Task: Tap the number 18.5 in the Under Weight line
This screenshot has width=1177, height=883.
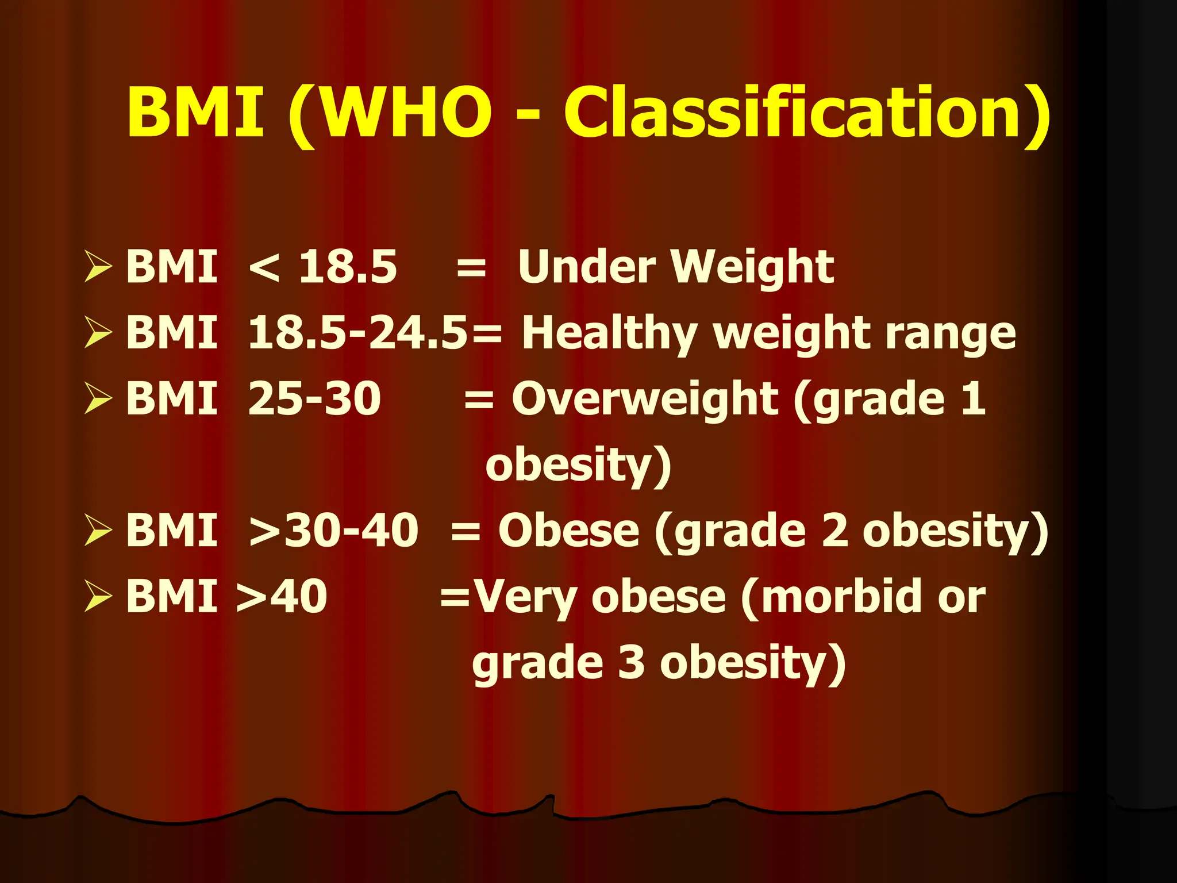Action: (x=348, y=267)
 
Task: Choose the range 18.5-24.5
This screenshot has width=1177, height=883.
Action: (x=357, y=333)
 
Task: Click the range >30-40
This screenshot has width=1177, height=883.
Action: (x=333, y=530)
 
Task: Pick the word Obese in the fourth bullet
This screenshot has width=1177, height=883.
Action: (x=568, y=530)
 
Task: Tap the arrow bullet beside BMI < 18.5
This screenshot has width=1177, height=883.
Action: (x=98, y=267)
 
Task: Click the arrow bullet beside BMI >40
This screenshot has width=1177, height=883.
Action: (x=98, y=596)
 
